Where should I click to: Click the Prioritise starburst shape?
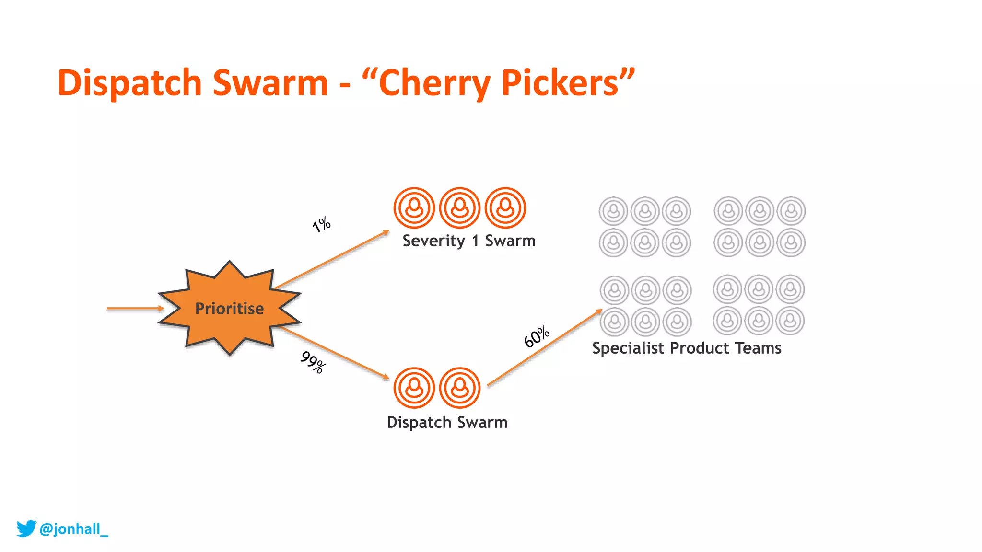[x=229, y=308]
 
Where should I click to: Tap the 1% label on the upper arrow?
[x=321, y=224]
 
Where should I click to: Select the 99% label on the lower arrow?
[x=313, y=362]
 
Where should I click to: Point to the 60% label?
[x=537, y=336]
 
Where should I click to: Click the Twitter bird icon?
[x=26, y=529]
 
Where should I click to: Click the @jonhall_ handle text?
[x=74, y=529]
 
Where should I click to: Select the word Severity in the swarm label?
[x=433, y=241]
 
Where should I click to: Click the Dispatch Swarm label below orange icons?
[x=447, y=422]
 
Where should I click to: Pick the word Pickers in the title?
[x=560, y=83]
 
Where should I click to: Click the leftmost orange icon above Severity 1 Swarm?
[x=414, y=207]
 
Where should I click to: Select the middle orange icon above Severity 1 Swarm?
[x=460, y=207]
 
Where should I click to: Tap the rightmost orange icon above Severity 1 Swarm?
[x=505, y=207]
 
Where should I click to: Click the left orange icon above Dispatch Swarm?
[x=414, y=388]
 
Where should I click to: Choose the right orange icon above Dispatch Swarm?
[x=460, y=388]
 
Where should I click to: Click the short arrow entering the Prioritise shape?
[x=134, y=308]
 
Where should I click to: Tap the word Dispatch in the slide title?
[x=129, y=83]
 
